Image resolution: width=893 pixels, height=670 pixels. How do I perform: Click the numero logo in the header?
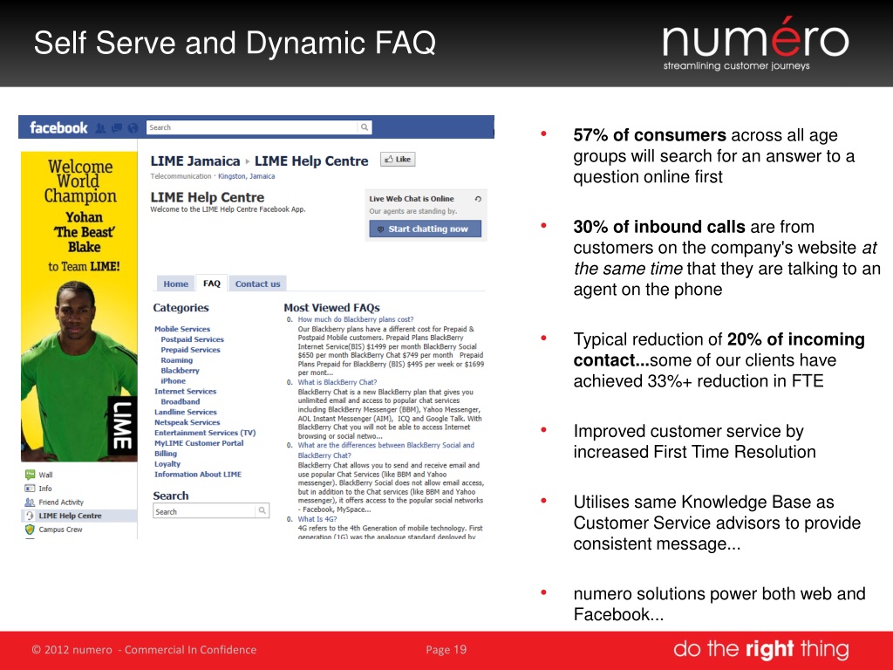pos(755,42)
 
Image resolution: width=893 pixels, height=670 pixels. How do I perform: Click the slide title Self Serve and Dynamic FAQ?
pos(235,43)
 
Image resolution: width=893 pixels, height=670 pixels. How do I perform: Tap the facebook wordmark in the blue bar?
pos(58,127)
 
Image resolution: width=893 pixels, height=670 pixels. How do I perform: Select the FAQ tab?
pos(212,284)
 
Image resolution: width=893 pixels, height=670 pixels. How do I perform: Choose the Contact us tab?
pos(257,284)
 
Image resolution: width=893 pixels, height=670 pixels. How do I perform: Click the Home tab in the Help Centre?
pos(175,284)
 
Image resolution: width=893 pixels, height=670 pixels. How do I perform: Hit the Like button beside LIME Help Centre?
pos(398,160)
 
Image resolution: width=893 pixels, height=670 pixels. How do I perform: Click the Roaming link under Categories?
pos(176,360)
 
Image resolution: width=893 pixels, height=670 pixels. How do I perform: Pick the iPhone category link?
pos(173,381)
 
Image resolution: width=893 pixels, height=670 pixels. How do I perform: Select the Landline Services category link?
pos(186,412)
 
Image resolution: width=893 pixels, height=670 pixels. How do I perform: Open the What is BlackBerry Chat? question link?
pos(337,382)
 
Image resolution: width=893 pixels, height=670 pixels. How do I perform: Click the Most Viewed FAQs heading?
pos(331,308)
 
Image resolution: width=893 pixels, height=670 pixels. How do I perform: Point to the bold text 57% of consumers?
pos(650,135)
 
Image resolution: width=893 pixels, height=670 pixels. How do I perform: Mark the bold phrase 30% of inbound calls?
pos(659,227)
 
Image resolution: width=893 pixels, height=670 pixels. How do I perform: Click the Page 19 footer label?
pos(446,649)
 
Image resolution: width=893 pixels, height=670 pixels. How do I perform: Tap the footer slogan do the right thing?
pos(760,649)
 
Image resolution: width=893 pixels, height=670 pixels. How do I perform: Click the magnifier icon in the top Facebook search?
pos(365,127)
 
